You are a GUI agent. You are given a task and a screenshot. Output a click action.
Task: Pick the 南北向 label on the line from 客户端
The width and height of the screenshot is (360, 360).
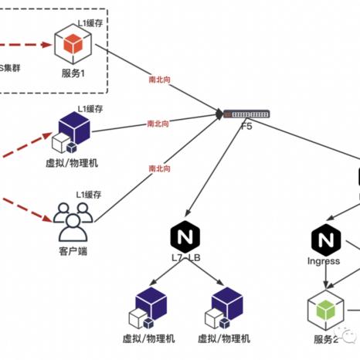159,168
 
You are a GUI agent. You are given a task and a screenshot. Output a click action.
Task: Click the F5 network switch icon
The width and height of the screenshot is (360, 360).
246,115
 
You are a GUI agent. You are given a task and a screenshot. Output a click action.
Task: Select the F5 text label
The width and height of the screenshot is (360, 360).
246,126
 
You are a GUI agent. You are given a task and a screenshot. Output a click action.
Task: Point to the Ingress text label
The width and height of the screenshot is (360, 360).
323,261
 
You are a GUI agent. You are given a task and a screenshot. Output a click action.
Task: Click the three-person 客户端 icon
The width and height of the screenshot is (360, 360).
72,220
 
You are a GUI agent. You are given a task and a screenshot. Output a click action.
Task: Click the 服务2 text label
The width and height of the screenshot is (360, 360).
324,340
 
